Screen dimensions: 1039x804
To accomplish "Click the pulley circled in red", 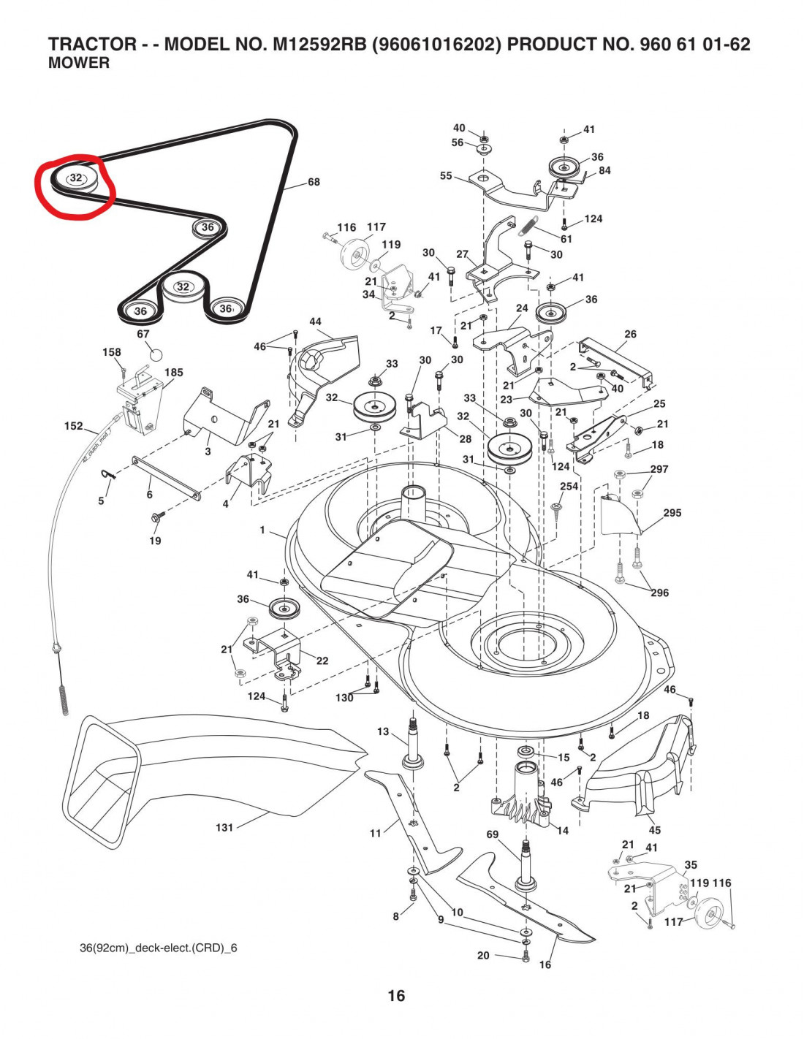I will [76, 179].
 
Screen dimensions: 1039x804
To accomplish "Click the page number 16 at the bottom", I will [396, 995].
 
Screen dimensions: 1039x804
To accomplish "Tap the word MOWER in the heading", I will [79, 64].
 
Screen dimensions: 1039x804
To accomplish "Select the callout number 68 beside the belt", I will [314, 182].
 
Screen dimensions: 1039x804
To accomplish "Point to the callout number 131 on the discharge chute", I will [224, 827].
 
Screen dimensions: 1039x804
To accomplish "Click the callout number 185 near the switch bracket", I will [174, 372].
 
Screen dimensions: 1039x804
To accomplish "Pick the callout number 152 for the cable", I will [74, 426].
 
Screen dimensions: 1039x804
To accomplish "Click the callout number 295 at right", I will [672, 513].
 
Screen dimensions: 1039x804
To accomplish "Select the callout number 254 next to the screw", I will [569, 486].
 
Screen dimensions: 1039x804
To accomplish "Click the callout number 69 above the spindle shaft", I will [493, 834].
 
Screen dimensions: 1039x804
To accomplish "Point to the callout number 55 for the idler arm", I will [446, 175].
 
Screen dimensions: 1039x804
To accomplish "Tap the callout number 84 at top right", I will [604, 171].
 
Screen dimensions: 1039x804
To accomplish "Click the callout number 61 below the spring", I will [566, 239].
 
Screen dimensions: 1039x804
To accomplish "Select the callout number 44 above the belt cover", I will [315, 321].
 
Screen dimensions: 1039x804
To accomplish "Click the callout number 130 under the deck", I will [344, 698].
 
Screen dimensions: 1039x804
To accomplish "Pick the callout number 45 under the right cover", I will [654, 830].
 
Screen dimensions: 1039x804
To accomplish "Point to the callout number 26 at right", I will [630, 334].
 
